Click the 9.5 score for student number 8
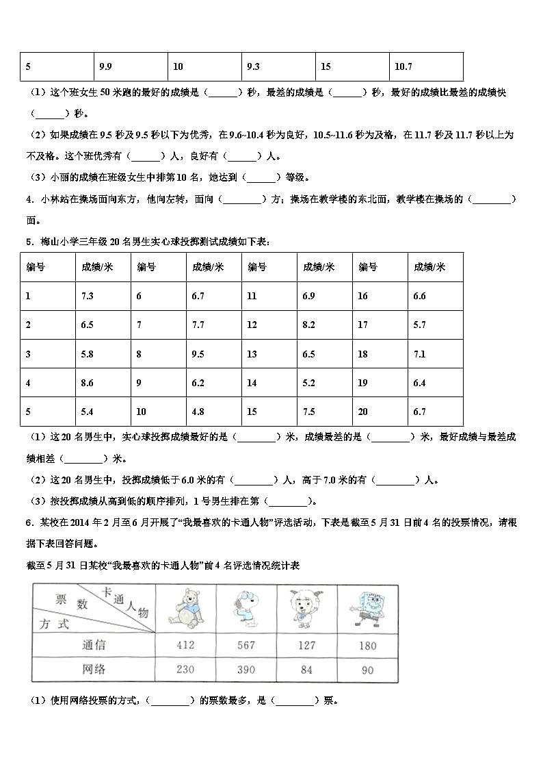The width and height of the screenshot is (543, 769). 198,354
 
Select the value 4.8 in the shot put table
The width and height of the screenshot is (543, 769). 198,412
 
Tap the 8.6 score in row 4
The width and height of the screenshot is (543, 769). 87,383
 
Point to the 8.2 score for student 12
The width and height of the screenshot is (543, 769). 308,325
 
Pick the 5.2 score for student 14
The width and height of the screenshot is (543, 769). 308,383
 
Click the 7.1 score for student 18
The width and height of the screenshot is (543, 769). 419,354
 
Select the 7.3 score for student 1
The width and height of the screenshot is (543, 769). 87,297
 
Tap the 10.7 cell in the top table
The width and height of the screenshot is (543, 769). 403,67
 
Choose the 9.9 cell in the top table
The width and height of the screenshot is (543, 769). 105,67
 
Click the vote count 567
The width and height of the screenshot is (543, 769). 246,645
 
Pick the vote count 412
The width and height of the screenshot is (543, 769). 185,645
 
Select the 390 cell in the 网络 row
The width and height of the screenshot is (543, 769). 246,670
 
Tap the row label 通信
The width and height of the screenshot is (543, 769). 93,645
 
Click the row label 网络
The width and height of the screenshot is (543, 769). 93,670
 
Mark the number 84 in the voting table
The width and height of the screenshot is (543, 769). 307,670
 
